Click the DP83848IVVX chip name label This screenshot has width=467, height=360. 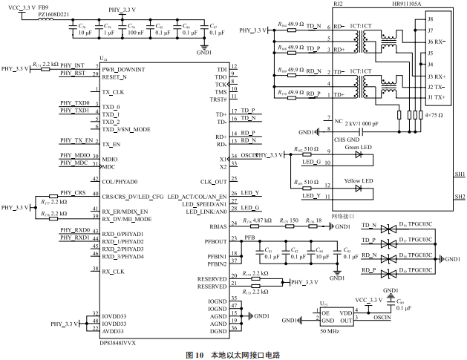(x=119, y=342)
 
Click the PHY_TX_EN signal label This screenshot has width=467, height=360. (x=77, y=140)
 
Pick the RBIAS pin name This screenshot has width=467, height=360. (x=218, y=226)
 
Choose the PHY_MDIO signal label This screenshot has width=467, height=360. (x=76, y=155)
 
